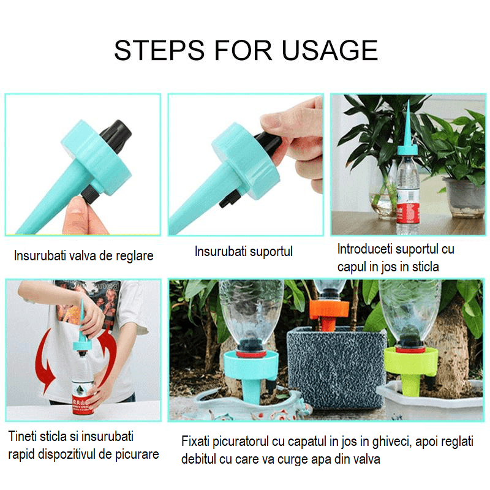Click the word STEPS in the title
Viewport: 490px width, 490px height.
(x=157, y=50)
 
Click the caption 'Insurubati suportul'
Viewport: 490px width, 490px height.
(x=244, y=251)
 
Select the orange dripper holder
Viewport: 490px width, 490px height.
(x=329, y=309)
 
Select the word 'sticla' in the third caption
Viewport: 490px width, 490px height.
(x=423, y=267)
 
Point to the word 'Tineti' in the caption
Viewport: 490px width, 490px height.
(x=24, y=437)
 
